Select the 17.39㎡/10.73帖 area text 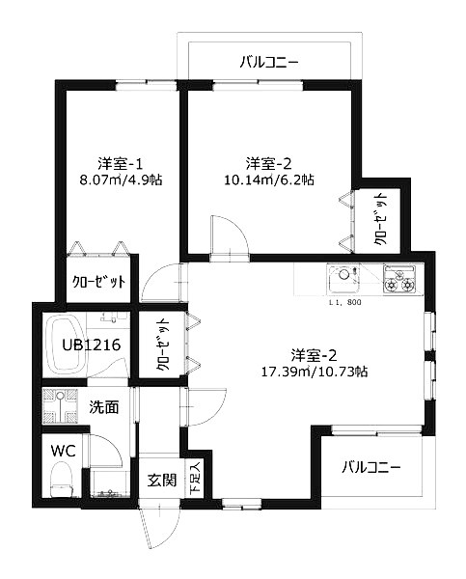tap(316, 370)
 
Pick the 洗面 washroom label tap(104, 407)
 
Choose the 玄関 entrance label tap(161, 479)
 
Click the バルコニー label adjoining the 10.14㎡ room tap(269, 63)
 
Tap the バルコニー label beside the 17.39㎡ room tap(371, 467)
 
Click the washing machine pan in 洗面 tap(66, 406)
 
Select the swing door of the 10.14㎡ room tap(222, 234)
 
